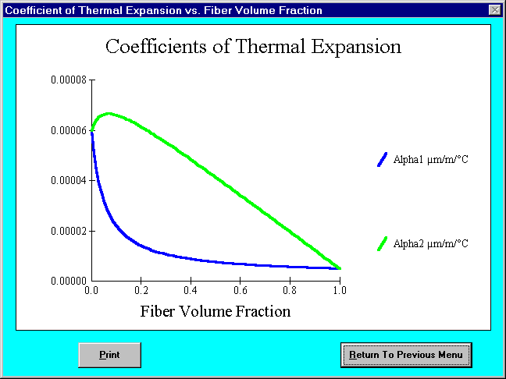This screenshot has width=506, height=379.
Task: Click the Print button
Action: [x=110, y=355]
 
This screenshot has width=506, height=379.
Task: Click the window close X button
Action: [x=495, y=10]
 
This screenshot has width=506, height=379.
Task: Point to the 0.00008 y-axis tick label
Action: [x=69, y=80]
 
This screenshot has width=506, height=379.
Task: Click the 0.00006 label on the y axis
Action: [x=69, y=130]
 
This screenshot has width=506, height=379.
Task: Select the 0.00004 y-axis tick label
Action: [x=69, y=180]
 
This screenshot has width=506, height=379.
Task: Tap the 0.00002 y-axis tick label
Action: [x=69, y=231]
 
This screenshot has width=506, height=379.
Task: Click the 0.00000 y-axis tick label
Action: [x=69, y=281]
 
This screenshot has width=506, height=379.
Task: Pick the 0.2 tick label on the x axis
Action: [x=141, y=290]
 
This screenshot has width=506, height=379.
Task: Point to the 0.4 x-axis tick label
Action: [x=191, y=290]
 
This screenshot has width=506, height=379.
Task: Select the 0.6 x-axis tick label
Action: [x=240, y=290]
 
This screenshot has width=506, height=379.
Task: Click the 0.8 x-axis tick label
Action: [x=290, y=290]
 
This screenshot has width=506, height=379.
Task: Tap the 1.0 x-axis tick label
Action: [x=339, y=290]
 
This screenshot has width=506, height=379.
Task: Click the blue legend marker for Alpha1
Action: [x=382, y=160]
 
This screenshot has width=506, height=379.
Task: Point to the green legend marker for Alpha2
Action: [x=382, y=243]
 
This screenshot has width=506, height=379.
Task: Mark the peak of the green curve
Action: [x=109, y=113]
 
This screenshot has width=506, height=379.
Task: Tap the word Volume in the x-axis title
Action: [x=205, y=311]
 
